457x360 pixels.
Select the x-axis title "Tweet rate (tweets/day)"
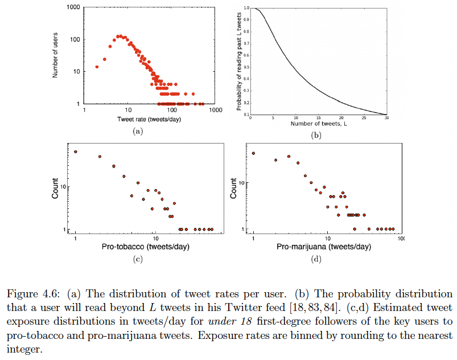point(145,118)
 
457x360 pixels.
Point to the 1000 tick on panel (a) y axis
point(73,7)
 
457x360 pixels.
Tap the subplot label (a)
point(137,131)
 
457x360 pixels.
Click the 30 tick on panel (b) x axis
point(387,118)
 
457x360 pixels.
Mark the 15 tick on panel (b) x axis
point(319,118)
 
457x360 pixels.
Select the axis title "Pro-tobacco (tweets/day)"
point(145,247)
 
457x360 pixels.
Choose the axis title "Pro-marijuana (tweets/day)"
point(324,247)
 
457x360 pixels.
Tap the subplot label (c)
point(137,260)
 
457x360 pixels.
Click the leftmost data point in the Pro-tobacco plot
point(75,152)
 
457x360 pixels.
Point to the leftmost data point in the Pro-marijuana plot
point(254,153)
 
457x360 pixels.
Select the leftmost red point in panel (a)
point(97,67)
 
